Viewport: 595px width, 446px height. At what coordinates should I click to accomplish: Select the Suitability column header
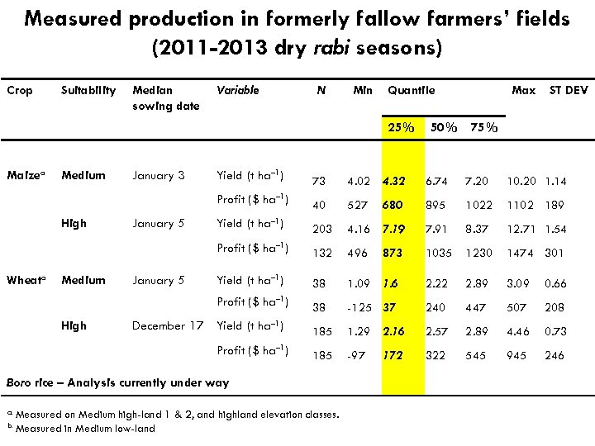[88, 90]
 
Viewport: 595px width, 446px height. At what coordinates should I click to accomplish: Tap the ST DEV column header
[569, 90]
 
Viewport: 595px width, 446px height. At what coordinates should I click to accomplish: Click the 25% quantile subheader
[402, 127]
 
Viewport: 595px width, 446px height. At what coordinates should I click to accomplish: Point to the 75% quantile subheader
[483, 127]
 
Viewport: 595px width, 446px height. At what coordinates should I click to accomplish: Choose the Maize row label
[23, 175]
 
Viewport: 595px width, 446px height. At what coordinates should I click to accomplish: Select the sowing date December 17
[168, 325]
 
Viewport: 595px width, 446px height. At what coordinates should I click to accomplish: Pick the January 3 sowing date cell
[159, 175]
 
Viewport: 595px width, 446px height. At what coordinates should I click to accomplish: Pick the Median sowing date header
[165, 97]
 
